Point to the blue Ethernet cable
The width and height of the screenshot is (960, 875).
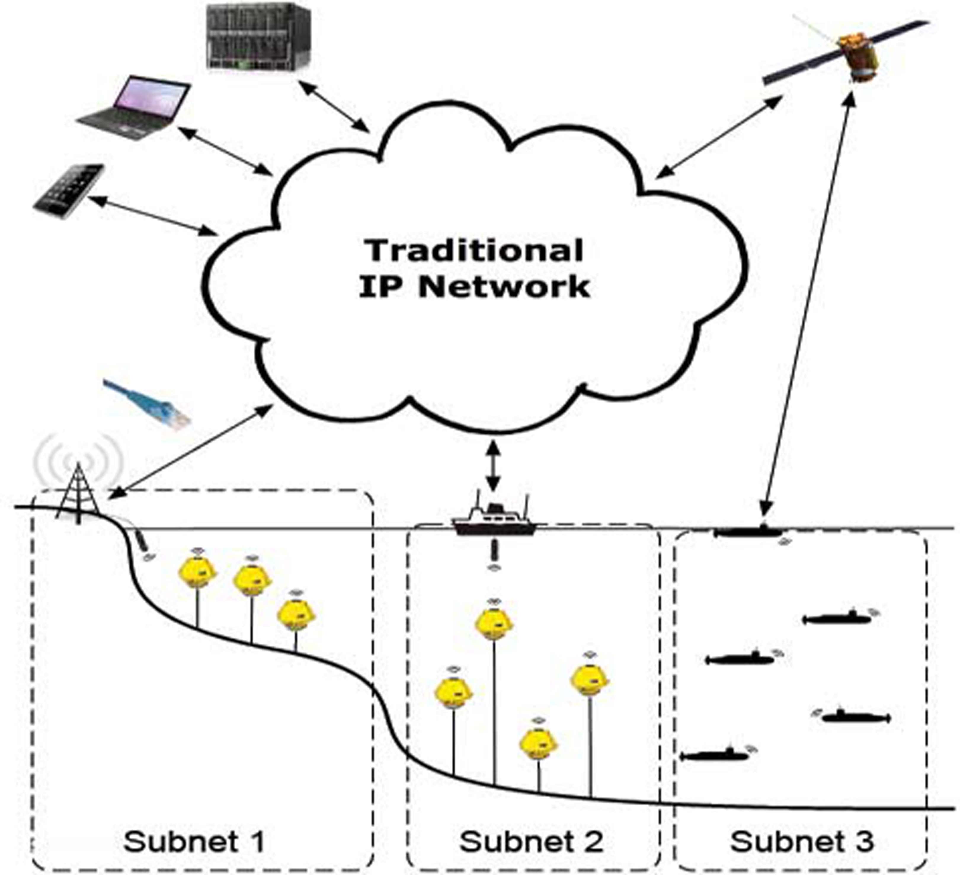point(148,403)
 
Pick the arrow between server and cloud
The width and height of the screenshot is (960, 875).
point(335,107)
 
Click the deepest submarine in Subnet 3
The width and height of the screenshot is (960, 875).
point(715,756)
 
